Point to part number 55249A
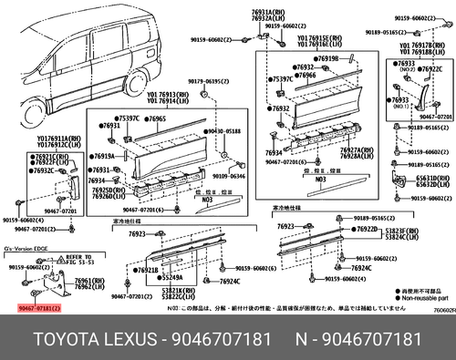pyautogui.click(x=161, y=276)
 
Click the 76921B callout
pyautogui.click(x=146, y=270)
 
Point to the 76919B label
pyautogui.click(x=326, y=59)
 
